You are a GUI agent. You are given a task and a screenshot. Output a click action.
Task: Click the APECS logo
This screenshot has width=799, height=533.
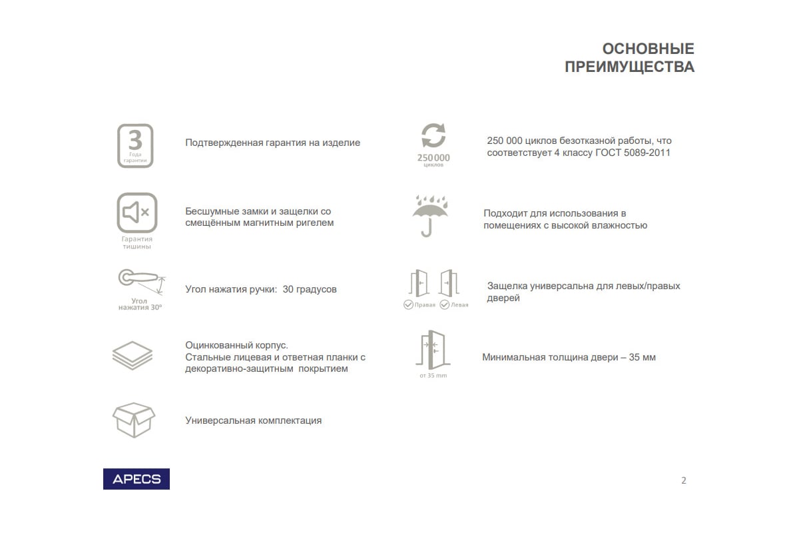click(x=136, y=479)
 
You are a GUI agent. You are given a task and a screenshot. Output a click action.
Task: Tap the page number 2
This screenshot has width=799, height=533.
click(x=683, y=480)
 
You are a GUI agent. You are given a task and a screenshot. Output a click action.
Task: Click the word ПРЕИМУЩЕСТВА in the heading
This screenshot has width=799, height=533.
click(x=629, y=67)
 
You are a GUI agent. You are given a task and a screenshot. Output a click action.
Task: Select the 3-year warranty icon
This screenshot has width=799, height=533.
click(x=135, y=145)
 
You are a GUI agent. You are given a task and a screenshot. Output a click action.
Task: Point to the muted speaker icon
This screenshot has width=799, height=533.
click(x=136, y=213)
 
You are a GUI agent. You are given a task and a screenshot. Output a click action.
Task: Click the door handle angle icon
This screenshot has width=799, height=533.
click(x=140, y=280)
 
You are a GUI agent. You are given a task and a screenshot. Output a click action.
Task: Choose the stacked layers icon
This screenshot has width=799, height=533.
click(x=132, y=354)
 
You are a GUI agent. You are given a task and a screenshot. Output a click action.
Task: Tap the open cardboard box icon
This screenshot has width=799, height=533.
click(x=133, y=419)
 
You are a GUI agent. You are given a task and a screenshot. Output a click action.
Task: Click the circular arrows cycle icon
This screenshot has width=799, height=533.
click(x=433, y=135)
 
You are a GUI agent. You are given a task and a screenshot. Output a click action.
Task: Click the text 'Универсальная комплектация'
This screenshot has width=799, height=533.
click(x=253, y=420)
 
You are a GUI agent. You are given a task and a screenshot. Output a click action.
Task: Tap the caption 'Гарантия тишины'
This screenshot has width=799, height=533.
click(x=136, y=243)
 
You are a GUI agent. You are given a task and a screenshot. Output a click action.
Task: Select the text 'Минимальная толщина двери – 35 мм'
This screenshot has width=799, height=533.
click(x=569, y=357)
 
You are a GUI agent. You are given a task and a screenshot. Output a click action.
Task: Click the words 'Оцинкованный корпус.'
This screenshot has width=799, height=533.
click(x=236, y=345)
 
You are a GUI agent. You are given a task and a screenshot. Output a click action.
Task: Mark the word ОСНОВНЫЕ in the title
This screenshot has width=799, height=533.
click(x=648, y=49)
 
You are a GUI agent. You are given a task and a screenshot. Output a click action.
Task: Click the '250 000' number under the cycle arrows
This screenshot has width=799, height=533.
click(x=433, y=158)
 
